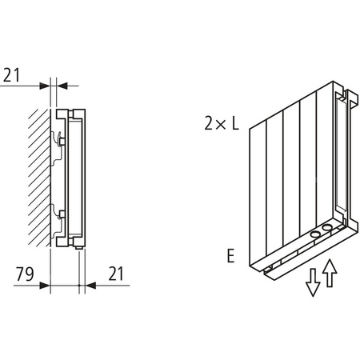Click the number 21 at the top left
tap(12, 77)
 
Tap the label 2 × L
tap(220, 124)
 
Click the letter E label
tap(230, 258)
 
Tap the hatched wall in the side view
tap(38, 176)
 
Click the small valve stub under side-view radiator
tap(80, 250)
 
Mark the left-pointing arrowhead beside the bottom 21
tap(89, 283)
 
